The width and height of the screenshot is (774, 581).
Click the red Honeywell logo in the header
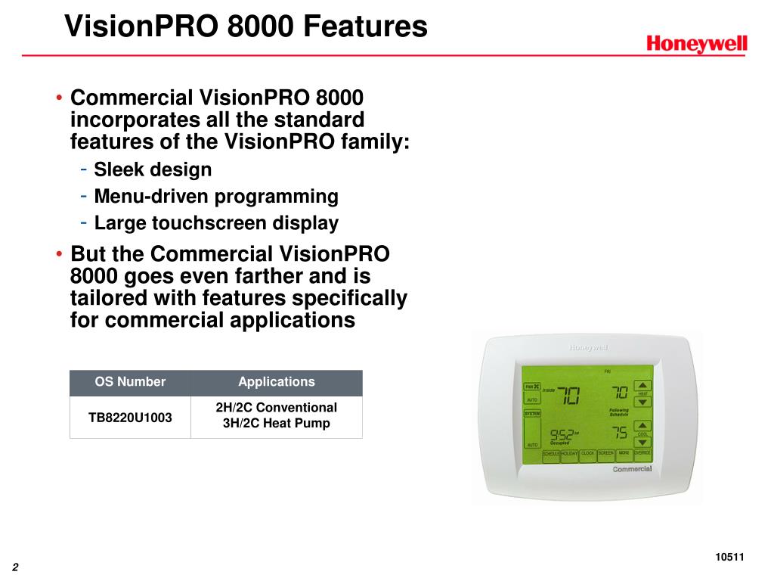tap(696, 44)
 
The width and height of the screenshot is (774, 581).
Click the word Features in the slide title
tap(365, 26)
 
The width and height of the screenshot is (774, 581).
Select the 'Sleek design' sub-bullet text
tap(153, 169)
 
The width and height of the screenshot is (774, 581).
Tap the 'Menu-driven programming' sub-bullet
tap(216, 197)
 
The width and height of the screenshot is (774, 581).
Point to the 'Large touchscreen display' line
tap(216, 223)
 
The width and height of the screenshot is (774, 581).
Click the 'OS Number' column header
tap(130, 382)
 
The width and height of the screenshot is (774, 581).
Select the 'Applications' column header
tap(276, 382)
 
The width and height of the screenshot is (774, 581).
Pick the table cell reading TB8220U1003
tap(130, 416)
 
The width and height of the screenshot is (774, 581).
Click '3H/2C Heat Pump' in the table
tap(276, 424)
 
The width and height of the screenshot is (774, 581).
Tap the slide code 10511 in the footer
tap(729, 558)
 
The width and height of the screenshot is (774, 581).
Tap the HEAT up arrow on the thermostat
tap(642, 385)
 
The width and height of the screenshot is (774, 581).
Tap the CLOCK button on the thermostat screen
tap(587, 454)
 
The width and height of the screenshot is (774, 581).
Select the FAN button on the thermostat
tap(533, 386)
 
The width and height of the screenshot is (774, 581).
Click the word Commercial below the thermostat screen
tap(632, 469)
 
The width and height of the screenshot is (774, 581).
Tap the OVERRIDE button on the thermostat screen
tap(642, 454)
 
